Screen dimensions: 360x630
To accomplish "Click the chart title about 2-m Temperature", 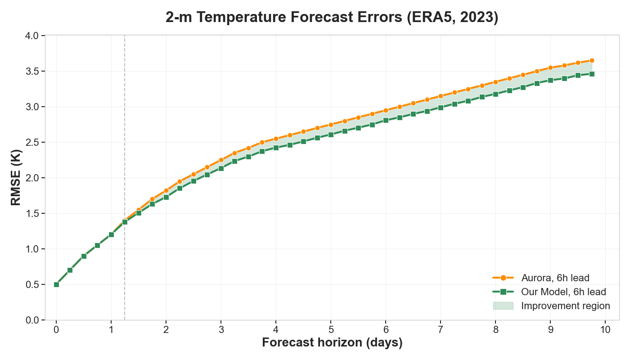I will point(332,18).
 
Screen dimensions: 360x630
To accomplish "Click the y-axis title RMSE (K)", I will point(16,178).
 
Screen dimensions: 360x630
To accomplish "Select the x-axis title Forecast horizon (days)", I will point(332,343).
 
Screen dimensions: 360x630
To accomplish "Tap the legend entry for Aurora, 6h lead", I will point(555,278).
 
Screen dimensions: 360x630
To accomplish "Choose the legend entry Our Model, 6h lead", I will point(563,292).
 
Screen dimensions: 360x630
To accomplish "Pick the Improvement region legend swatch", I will point(503,306).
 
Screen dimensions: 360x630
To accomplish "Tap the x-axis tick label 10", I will point(605,329).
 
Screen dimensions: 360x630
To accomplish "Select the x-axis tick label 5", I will point(331,329).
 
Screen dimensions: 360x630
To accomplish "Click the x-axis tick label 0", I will point(56,329).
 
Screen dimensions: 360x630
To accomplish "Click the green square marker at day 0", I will point(56,284).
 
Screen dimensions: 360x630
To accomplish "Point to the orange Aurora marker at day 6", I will point(386,110).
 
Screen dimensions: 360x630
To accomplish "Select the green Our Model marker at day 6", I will point(386,120).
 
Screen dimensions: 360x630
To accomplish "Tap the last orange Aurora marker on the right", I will point(592,60).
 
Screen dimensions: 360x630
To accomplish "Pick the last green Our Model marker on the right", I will point(592,74).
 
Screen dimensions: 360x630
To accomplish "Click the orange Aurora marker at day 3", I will point(221,160).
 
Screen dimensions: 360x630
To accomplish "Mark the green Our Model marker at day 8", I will point(495,94).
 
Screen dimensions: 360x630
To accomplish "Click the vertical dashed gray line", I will point(125,135).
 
